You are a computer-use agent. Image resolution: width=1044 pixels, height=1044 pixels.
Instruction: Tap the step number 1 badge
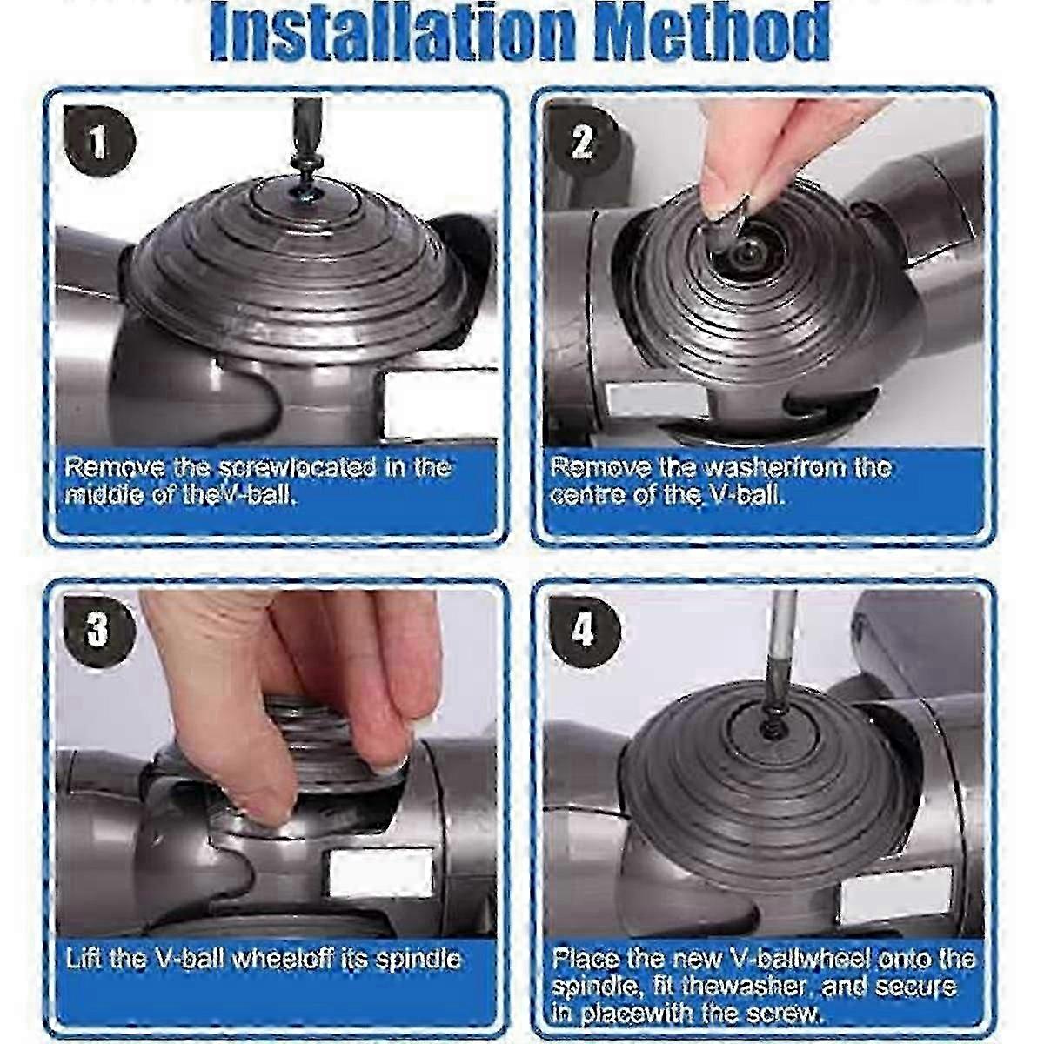[98, 142]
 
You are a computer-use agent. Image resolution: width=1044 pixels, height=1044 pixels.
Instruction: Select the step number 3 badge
[97, 627]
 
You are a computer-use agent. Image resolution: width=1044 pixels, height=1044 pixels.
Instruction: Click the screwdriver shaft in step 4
[780, 646]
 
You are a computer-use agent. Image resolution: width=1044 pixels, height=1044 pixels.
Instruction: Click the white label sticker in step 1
[438, 405]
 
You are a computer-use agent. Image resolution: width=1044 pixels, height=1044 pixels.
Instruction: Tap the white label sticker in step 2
[657, 400]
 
